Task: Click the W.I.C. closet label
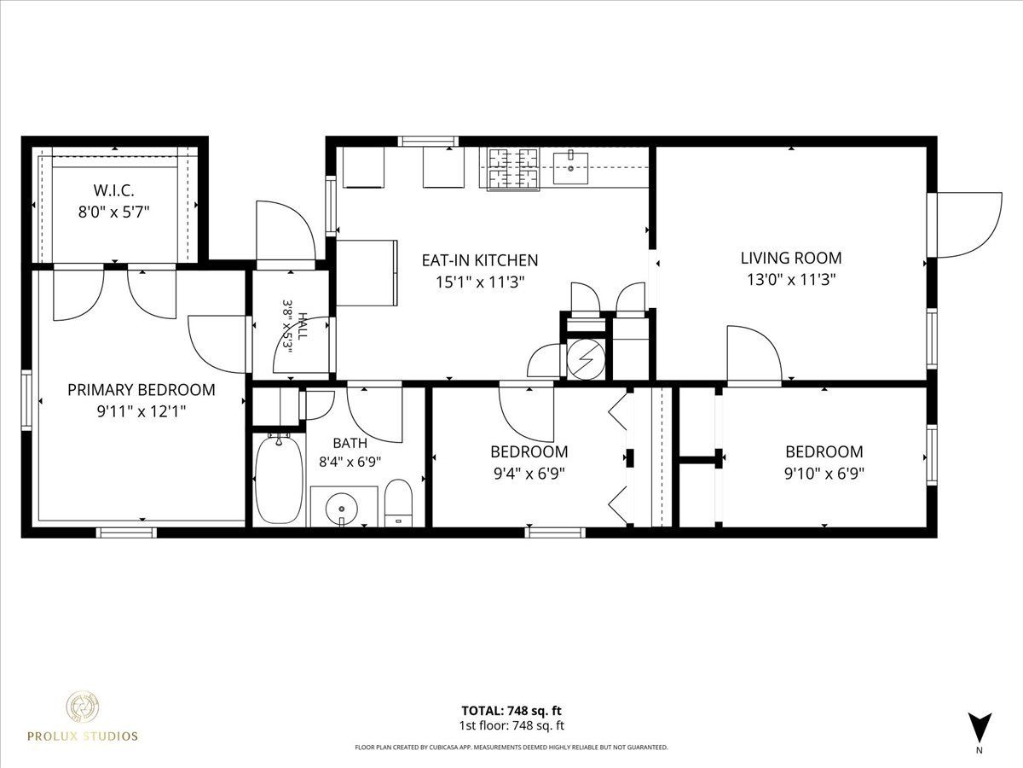[x=113, y=190]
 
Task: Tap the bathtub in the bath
[x=279, y=479]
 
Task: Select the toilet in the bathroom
[x=398, y=503]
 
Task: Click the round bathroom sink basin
[x=342, y=508]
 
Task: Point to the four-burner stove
[x=512, y=169]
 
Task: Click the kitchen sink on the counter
[x=570, y=168]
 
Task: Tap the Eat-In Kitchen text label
[x=480, y=260]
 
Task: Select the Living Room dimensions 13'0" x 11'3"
[x=791, y=280]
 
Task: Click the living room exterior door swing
[x=964, y=224]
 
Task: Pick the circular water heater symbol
[x=586, y=358]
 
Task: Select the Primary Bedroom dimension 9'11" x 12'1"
[x=142, y=412]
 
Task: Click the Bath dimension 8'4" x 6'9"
[x=350, y=462]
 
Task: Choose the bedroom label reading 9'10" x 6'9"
[x=824, y=474]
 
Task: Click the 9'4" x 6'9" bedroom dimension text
[x=529, y=474]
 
